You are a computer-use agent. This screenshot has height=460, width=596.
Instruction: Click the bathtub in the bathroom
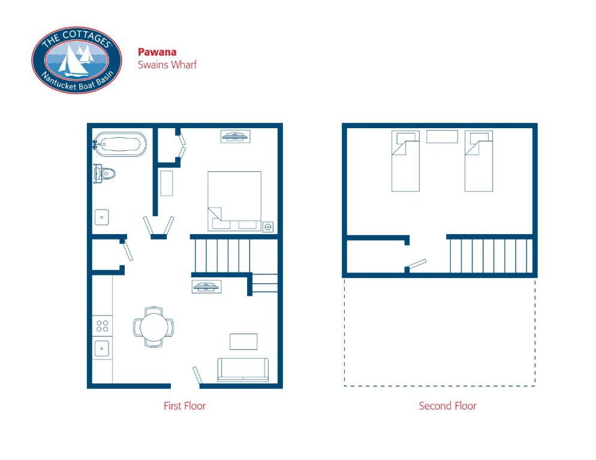click(120, 144)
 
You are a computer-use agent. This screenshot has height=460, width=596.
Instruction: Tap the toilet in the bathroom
click(104, 174)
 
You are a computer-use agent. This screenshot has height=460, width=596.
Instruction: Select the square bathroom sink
click(102, 217)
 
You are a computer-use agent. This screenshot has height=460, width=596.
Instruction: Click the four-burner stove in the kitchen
click(103, 326)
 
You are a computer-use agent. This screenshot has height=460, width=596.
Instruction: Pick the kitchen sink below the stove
click(102, 349)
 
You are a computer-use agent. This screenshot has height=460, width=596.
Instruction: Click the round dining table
click(153, 327)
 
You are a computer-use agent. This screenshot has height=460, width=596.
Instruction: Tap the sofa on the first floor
click(243, 370)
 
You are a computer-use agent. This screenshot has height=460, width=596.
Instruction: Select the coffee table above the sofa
click(243, 341)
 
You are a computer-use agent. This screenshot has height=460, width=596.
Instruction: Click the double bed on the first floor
click(234, 201)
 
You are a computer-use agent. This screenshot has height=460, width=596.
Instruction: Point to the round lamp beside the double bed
click(268, 227)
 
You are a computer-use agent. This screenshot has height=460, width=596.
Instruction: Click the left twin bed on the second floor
click(405, 161)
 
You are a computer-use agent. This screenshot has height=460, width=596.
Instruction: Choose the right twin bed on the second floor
click(479, 161)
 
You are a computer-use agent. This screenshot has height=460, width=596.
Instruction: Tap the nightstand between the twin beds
click(442, 137)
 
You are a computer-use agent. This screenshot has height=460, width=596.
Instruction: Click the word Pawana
click(157, 52)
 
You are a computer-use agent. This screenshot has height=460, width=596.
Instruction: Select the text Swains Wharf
click(167, 65)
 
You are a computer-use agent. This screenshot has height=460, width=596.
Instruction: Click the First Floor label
click(185, 406)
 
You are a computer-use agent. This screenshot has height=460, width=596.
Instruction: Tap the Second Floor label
click(447, 406)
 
